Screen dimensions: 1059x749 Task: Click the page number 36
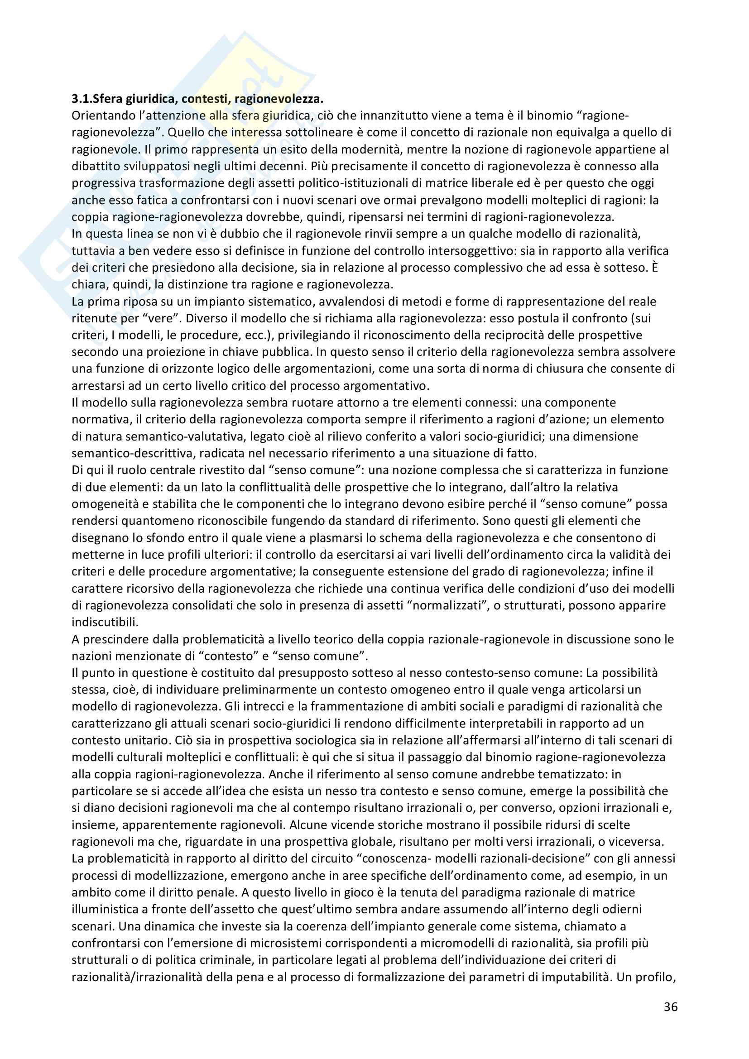[671, 1006]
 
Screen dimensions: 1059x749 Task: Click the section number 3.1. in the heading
[82, 99]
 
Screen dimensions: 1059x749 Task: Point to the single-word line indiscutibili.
[105, 622]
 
